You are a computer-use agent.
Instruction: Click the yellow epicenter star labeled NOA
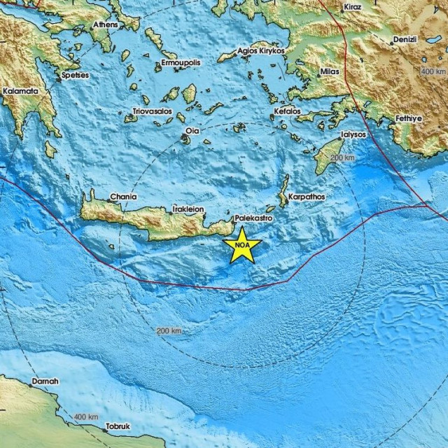(x=242, y=246)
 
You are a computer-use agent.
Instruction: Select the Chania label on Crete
(x=123, y=198)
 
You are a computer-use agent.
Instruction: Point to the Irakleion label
(x=188, y=209)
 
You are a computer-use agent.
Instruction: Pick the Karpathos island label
(x=306, y=197)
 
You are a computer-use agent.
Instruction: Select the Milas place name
(x=329, y=72)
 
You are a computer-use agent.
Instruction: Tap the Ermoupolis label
(x=181, y=63)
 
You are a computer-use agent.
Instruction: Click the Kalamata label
(x=21, y=91)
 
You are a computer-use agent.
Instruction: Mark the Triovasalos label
(x=153, y=111)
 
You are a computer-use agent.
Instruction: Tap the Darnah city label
(x=45, y=381)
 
